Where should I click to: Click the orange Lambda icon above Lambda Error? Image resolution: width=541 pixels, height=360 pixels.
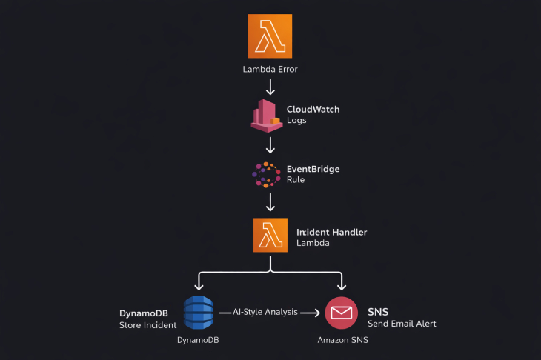click(x=270, y=36)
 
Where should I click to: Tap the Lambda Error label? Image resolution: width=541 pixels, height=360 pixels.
click(x=270, y=70)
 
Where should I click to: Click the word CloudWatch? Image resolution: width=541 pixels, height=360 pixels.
click(x=313, y=109)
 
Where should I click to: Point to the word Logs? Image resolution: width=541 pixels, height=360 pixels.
click(x=296, y=120)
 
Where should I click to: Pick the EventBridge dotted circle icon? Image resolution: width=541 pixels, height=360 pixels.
click(x=266, y=174)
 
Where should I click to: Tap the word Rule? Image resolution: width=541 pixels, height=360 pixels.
click(x=296, y=179)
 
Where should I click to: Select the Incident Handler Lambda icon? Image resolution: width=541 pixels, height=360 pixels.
click(x=270, y=236)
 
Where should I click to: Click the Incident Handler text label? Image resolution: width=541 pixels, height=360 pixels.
click(x=331, y=232)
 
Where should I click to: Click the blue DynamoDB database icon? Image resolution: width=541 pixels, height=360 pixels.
click(x=198, y=313)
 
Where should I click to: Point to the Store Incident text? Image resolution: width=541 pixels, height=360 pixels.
click(x=147, y=324)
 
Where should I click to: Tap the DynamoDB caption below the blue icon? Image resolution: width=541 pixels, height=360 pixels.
click(x=198, y=340)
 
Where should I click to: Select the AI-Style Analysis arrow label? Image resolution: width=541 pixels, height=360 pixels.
click(x=265, y=312)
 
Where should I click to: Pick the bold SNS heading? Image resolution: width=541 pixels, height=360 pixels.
click(x=378, y=312)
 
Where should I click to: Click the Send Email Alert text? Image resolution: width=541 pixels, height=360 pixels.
click(x=402, y=324)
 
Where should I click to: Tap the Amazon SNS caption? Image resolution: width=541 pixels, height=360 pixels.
click(x=342, y=340)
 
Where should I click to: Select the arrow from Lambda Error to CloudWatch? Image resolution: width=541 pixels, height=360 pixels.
click(x=270, y=87)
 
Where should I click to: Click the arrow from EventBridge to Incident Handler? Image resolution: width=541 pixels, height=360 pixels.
click(x=270, y=201)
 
